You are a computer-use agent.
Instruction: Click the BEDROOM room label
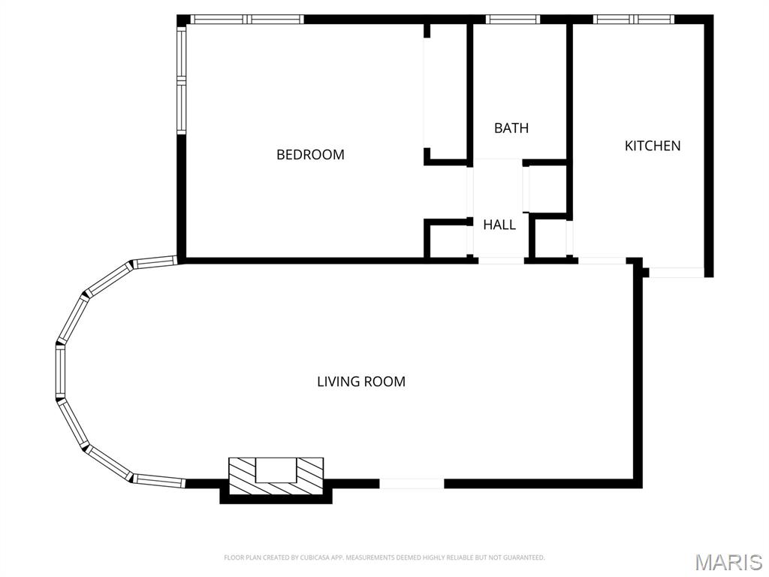point(310,155)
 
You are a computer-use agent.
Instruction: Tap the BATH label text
point(511,128)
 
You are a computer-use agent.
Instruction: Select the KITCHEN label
point(653,146)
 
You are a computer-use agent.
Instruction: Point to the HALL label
point(499,225)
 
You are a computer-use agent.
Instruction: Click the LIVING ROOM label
point(360,382)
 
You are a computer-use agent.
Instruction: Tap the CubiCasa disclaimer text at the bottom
point(384,557)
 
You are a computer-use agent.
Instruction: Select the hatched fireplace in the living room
point(276,476)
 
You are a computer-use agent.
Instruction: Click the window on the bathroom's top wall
point(512,20)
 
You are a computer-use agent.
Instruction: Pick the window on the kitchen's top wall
point(634,20)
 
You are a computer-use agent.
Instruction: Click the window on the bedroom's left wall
point(181,80)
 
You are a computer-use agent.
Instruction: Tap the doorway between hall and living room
point(501,261)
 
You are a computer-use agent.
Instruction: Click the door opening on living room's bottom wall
point(412,484)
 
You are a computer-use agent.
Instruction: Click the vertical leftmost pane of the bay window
point(60,372)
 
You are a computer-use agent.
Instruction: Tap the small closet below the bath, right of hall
point(547,188)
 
